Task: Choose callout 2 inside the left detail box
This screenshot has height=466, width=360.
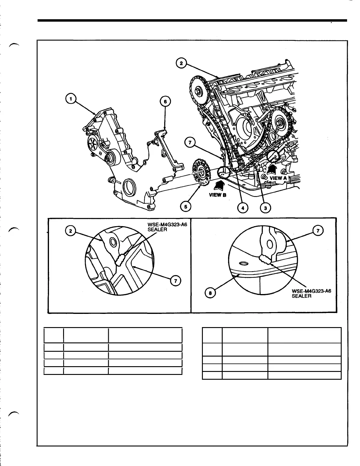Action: (70, 231)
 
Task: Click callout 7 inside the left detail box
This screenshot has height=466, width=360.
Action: (174, 281)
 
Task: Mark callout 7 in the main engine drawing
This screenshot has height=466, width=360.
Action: (190, 143)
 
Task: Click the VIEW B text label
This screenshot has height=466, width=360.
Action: (218, 195)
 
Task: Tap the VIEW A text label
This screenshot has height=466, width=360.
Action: (276, 178)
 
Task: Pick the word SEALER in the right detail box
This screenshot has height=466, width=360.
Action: (301, 296)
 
